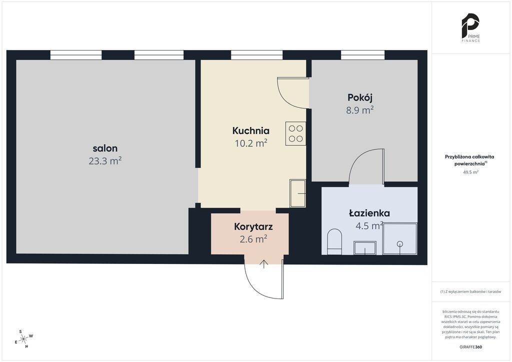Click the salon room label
105,148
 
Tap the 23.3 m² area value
105,161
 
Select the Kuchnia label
251,130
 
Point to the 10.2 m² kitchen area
251,143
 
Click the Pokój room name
360,97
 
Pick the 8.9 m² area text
360,110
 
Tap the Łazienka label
369,213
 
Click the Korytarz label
253,227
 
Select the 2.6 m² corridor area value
253,239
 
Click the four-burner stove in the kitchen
295,133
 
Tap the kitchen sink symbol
298,193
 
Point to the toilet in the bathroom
334,241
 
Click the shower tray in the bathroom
400,238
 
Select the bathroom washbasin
365,248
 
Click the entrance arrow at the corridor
264,264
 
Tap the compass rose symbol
23,339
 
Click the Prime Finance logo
470,27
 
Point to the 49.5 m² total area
470,172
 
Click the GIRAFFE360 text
470,347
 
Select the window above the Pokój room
363,55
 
